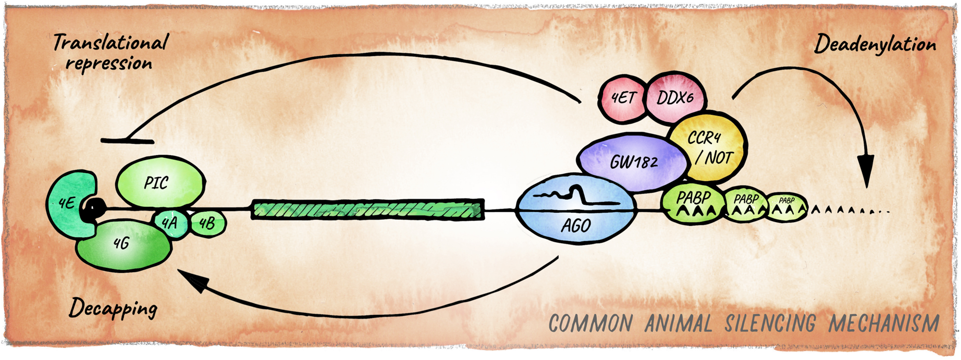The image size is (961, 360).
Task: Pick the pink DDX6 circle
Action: coord(675,99)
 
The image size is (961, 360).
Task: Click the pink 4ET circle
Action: coord(623,99)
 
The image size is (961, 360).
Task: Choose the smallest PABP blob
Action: coord(786,207)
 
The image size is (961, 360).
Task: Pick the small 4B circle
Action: coord(208,223)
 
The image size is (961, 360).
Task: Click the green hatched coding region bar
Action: coord(368,210)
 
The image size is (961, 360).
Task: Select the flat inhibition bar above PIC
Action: coord(127,141)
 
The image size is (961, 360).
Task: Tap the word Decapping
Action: coord(113,308)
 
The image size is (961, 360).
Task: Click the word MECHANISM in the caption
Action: coord(884,323)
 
